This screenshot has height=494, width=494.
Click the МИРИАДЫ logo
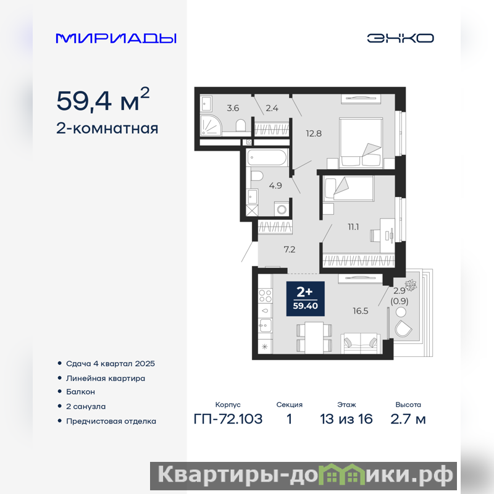coord(116,38)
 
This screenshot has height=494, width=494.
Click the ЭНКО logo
coord(400,38)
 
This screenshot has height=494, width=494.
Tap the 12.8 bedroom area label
coord(314,133)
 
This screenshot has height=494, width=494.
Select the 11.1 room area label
coord(353,227)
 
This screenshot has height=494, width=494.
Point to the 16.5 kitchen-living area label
coord(361,311)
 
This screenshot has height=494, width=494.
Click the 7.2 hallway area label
coord(290,249)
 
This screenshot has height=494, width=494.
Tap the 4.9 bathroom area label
coord(275,186)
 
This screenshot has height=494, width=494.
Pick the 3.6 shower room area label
coord(233,108)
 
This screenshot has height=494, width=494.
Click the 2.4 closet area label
coord(272,108)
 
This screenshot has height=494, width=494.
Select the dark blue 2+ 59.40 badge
coord(305,298)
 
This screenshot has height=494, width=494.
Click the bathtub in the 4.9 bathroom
coord(267,157)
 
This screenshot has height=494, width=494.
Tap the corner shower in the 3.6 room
coord(211,124)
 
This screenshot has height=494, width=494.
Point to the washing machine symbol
coord(282,209)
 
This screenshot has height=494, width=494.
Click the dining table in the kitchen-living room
coord(314,337)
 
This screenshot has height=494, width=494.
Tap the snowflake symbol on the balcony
coord(411,285)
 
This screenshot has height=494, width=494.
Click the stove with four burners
coord(266,296)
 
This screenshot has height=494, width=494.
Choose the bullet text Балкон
coord(80,392)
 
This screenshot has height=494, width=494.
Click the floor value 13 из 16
coord(346,419)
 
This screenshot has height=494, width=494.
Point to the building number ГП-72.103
coord(228,419)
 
